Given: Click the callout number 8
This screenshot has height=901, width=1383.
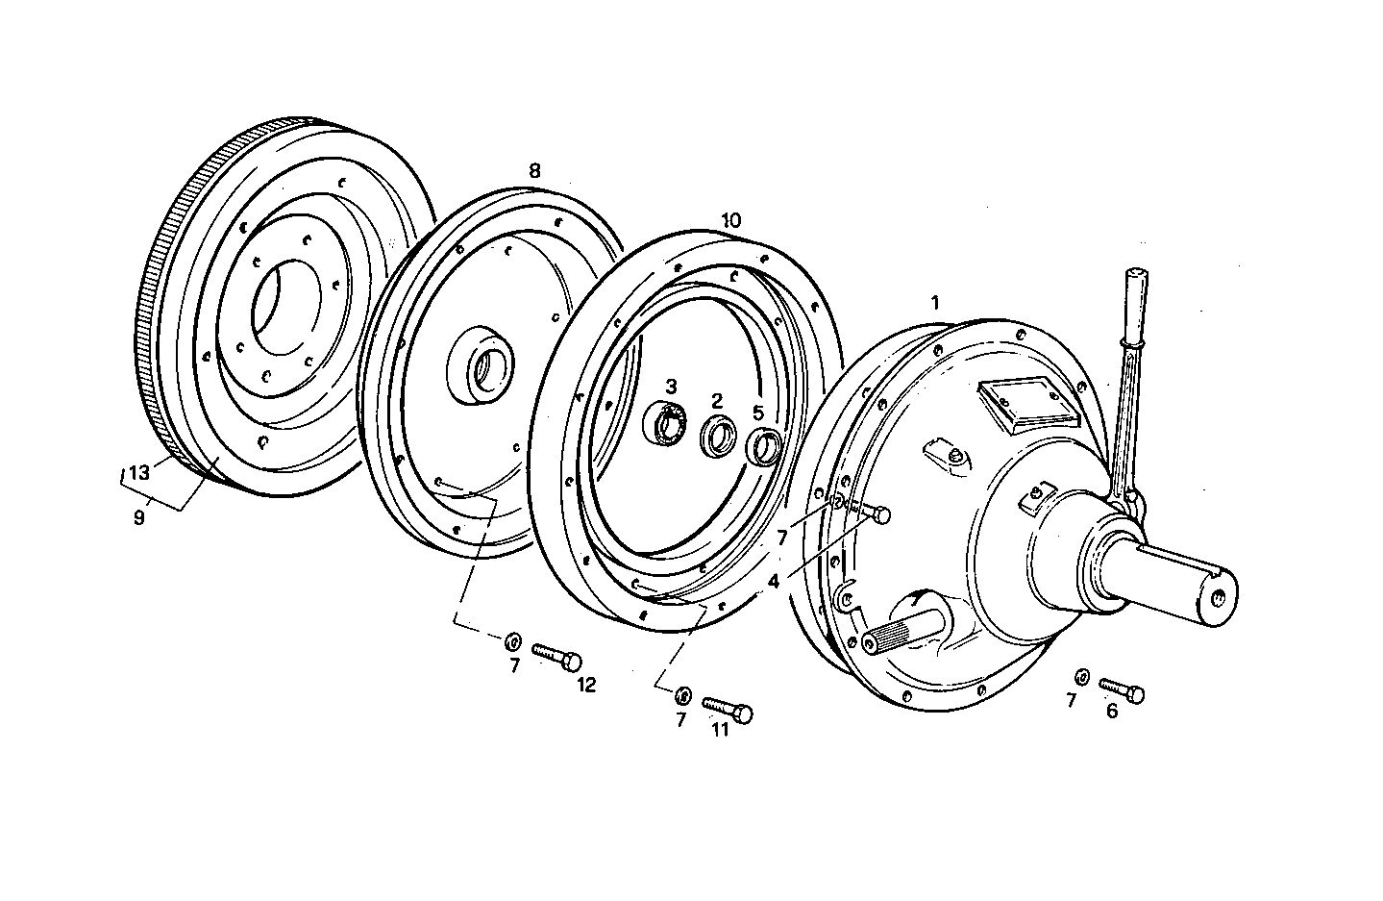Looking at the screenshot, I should pyautogui.click(x=534, y=171).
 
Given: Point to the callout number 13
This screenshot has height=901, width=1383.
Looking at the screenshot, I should pyautogui.click(x=139, y=473).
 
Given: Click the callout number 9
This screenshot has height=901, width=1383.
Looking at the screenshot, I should pyautogui.click(x=139, y=517).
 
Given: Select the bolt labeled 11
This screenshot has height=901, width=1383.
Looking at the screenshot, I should pyautogui.click(x=728, y=710).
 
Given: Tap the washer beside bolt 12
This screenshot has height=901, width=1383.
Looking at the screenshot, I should pyautogui.click(x=513, y=639).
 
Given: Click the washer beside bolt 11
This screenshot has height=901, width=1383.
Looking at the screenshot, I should pyautogui.click(x=684, y=693).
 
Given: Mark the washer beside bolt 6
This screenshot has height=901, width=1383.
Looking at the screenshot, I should pyautogui.click(x=1082, y=677).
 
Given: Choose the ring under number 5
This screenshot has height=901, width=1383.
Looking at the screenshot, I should pyautogui.click(x=764, y=447).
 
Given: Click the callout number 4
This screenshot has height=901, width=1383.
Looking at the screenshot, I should pyautogui.click(x=774, y=582).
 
